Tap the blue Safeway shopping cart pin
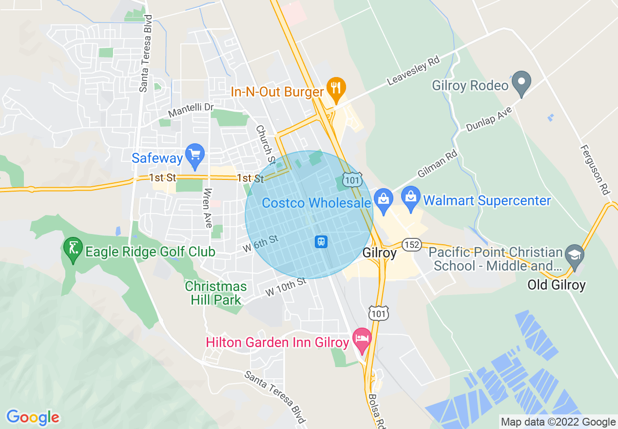tap(195, 155)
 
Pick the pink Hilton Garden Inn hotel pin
tap(361, 339)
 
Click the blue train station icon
tap(321, 241)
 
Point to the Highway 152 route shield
tap(412, 245)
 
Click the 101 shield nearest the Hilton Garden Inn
tap(378, 314)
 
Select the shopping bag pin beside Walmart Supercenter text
tap(411, 198)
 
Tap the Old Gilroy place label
tap(556, 285)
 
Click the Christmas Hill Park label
tap(216, 293)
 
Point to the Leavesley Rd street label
tap(414, 71)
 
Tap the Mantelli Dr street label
tap(191, 110)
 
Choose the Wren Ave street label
tap(208, 208)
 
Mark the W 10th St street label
tap(286, 287)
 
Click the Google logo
tap(33, 417)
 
